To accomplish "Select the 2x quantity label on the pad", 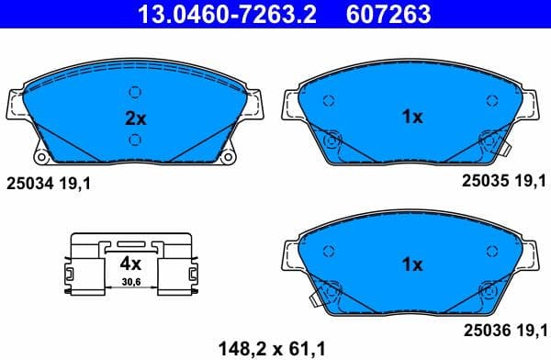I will coord(135,118).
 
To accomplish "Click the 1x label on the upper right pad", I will coord(412,117).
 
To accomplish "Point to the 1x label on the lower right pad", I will coord(412,264).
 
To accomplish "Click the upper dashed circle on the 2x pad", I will coord(135,91).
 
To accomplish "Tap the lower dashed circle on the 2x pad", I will coord(135,140).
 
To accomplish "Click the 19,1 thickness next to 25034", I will coord(77,184).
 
